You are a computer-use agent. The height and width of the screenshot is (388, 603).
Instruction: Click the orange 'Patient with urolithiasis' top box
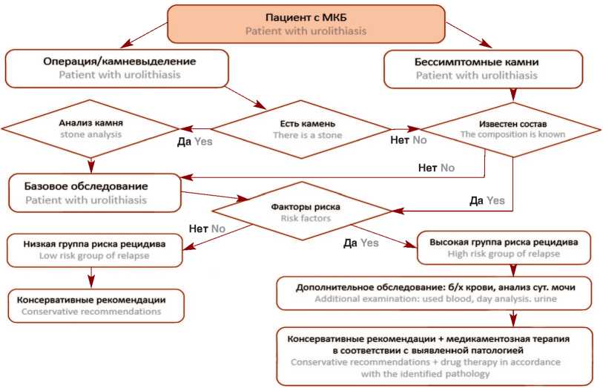[306, 24]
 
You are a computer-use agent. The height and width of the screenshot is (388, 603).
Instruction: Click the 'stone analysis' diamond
[90, 129]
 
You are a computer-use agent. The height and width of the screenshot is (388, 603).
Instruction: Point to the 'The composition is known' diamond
[513, 128]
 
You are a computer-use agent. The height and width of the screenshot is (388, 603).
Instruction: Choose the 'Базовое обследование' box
[95, 192]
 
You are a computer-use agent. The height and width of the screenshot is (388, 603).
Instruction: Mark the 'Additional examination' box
[435, 292]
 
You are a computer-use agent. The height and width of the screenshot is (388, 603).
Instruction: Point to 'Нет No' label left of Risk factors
[207, 228]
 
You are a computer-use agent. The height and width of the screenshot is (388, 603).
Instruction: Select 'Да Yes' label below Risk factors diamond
[361, 243]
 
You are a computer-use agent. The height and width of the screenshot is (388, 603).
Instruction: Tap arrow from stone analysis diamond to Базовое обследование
[90, 165]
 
